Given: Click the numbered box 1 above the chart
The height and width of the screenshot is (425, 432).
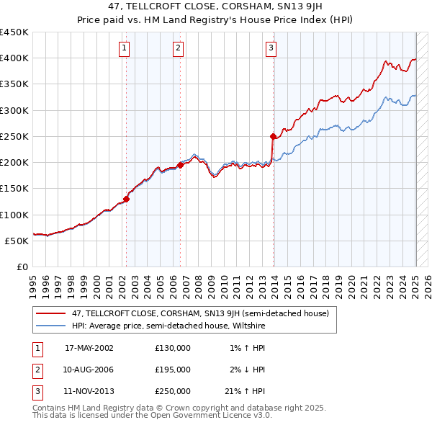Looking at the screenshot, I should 125,48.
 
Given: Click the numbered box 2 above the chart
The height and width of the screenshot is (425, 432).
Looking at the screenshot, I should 178,48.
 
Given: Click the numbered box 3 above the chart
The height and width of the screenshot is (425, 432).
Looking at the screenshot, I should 271,48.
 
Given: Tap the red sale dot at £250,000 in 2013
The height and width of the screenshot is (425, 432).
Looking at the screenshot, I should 273,136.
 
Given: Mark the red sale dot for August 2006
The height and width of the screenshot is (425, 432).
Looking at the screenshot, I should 180,165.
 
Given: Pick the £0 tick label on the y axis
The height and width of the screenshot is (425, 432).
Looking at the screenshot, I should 22,267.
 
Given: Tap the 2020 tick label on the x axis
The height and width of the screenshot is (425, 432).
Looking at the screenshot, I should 353,282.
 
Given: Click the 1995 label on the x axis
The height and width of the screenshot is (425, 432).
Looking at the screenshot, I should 33,282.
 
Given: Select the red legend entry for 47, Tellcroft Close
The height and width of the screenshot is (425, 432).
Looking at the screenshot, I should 200,313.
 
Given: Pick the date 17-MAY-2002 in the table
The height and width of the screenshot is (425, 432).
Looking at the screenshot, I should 89,348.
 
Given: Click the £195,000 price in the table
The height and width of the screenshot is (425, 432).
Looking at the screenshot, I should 173,370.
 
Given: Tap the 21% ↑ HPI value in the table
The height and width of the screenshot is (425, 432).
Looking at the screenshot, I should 246,391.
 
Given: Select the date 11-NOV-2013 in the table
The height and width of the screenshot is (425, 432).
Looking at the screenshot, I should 89,391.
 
